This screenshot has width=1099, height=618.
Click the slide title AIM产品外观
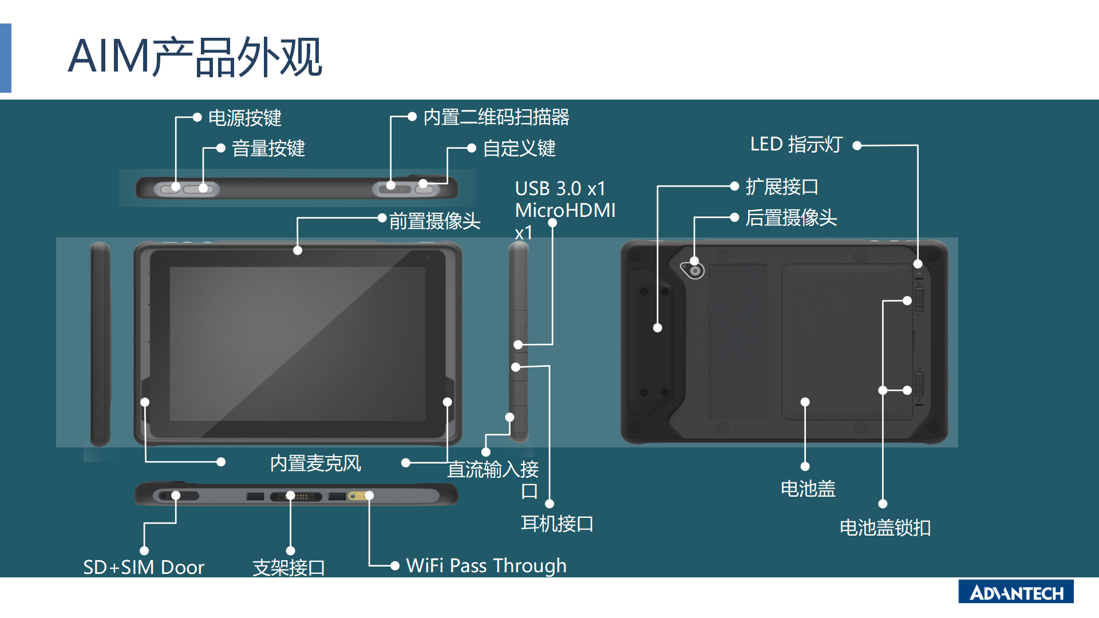point(195,57)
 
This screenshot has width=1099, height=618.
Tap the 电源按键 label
point(245,118)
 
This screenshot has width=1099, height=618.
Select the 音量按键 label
point(268,148)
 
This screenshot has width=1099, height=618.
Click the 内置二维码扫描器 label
point(496,117)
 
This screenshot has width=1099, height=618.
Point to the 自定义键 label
point(519,148)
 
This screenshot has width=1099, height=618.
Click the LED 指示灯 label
point(796,144)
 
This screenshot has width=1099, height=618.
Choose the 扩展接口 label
point(782,187)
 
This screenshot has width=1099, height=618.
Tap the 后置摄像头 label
point(791,217)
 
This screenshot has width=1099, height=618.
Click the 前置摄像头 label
point(435,221)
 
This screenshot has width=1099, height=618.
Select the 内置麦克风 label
point(315,463)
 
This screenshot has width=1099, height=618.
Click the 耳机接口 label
point(557,524)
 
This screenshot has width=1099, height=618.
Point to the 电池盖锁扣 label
point(885,527)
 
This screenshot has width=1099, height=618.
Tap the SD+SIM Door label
point(144,567)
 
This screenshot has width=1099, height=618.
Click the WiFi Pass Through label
point(487,565)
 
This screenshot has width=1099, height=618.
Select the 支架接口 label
point(289,568)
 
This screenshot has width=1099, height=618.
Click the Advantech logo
point(1016,592)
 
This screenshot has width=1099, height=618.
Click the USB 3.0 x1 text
point(560,188)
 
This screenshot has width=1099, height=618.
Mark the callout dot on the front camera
point(298,250)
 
